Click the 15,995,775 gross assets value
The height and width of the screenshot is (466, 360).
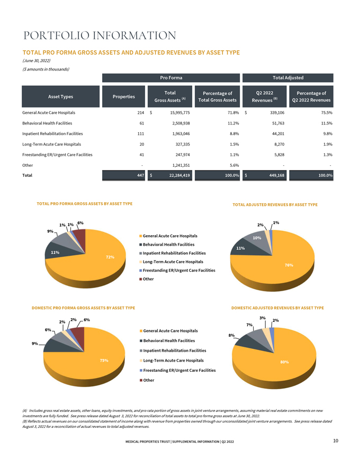coord(178,113)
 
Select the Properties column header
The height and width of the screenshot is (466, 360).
coord(123,97)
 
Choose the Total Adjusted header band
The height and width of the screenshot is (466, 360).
coord(287,78)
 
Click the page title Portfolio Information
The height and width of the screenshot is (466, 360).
coord(100,36)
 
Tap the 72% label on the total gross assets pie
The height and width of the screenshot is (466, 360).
coord(110,257)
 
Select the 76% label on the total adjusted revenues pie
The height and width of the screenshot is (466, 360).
coord(289,265)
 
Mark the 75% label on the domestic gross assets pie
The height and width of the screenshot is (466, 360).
coord(104,361)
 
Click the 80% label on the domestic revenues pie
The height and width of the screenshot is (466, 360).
coord(284,362)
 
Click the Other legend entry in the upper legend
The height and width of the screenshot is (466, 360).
coord(148,279)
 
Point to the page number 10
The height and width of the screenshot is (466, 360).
coord(336,441)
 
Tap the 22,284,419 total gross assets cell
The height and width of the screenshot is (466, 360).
coord(178,175)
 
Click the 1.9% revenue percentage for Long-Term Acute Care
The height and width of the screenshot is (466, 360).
coord(327,144)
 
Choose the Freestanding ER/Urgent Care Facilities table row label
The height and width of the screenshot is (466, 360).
coord(57,155)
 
